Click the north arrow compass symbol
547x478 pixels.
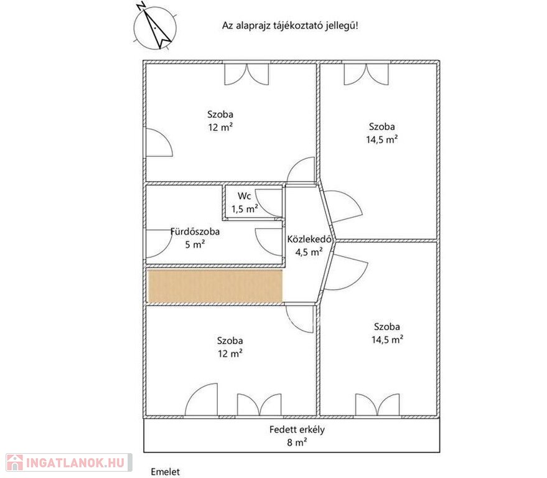[155, 27]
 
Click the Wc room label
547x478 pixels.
[244, 195]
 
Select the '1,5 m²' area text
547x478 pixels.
[245, 209]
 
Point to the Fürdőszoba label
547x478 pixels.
[195, 232]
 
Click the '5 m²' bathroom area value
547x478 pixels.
[195, 244]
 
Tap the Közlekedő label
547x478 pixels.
[309, 239]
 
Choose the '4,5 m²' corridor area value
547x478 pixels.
[309, 251]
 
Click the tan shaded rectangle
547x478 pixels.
[215, 286]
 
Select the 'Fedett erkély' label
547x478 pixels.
[297, 429]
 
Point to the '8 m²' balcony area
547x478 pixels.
[297, 443]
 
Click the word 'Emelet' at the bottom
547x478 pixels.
[166, 472]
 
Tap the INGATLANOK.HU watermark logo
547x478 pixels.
[69, 462]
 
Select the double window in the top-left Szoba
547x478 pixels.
[246, 73]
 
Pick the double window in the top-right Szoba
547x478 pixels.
[366, 73]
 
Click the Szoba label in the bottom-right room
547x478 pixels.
[387, 327]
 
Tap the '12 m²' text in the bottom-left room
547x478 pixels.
[230, 354]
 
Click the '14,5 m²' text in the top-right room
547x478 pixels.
[382, 139]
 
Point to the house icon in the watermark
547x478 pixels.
[15, 462]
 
